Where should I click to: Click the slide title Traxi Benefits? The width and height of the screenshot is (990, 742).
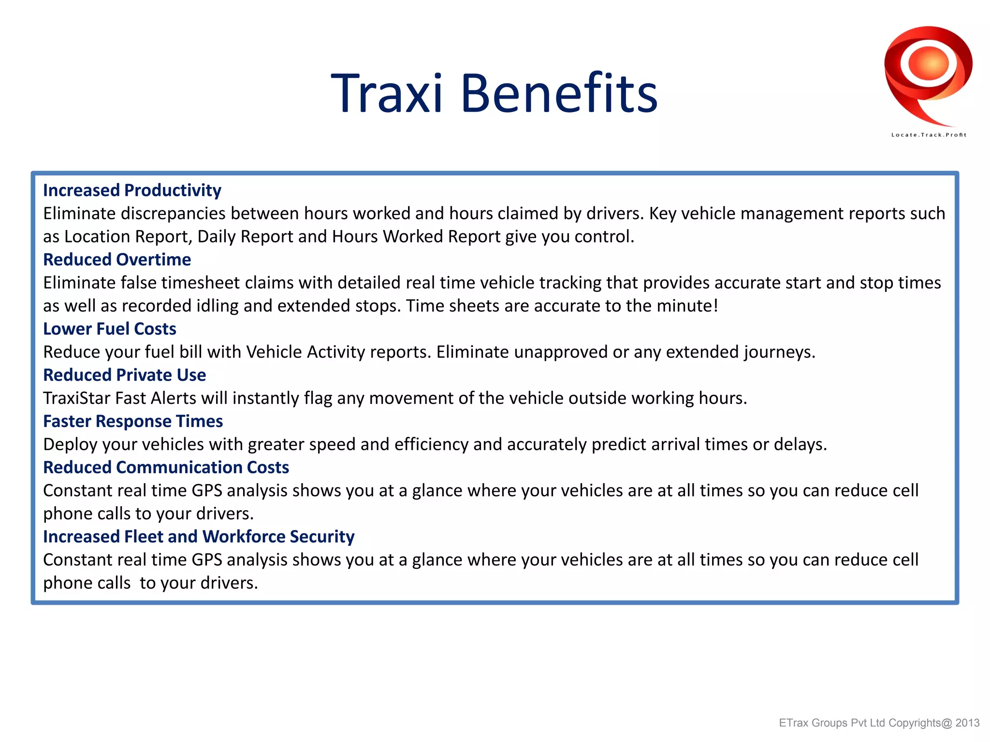(494, 93)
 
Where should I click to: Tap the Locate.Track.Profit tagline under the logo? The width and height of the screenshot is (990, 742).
(929, 135)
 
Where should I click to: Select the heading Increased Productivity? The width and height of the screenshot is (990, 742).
(132, 190)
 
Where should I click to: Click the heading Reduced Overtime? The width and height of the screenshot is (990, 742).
(117, 260)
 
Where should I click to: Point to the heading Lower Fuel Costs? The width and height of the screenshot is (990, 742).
(110, 329)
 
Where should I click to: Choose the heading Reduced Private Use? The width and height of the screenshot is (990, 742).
(125, 375)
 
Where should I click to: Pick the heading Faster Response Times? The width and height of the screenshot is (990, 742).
(133, 421)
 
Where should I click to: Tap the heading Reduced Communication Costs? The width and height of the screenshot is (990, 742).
(166, 468)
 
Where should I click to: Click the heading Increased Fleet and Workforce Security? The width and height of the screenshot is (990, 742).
(199, 537)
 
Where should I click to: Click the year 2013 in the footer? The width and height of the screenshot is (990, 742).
(967, 723)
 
